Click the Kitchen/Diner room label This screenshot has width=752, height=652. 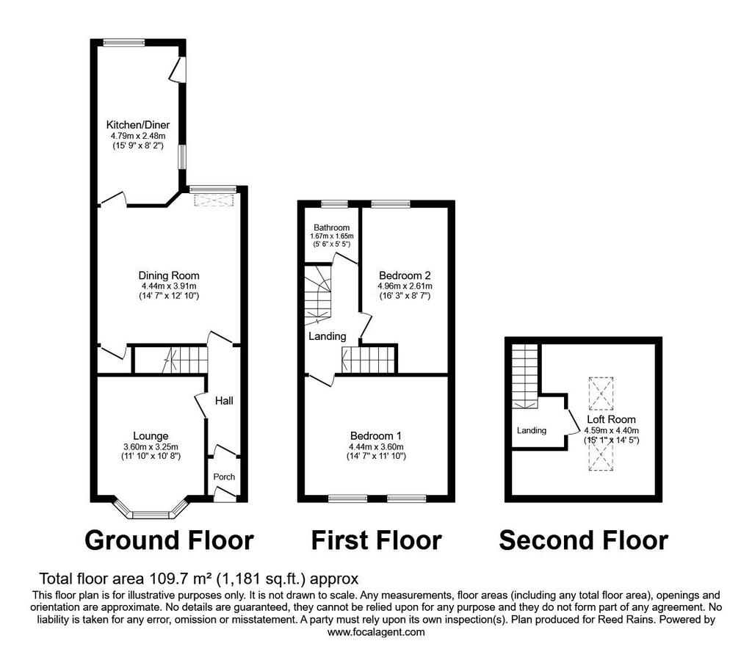click(x=138, y=125)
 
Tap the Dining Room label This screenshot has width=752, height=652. click(x=169, y=275)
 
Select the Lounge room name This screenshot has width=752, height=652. click(x=151, y=436)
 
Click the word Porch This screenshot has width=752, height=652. click(x=224, y=477)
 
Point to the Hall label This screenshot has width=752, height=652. click(x=224, y=401)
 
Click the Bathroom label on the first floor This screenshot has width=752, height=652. click(x=332, y=228)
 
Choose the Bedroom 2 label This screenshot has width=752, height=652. click(x=405, y=275)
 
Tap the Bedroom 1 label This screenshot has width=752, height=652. click(x=376, y=436)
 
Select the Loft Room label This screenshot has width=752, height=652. click(x=612, y=419)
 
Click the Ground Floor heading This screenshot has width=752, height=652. click(x=170, y=540)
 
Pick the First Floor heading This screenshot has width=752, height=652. click(x=377, y=540)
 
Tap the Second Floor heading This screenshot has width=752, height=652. click(x=584, y=540)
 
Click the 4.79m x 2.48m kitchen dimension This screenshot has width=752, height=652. click(x=138, y=136)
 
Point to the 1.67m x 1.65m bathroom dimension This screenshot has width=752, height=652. click(x=332, y=236)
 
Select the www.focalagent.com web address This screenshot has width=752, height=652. click(x=376, y=632)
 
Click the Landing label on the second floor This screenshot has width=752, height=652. click(x=532, y=430)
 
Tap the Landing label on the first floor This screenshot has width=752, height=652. click(x=327, y=336)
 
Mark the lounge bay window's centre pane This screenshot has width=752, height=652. click(x=151, y=515)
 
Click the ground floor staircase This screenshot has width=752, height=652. click(x=170, y=360)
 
